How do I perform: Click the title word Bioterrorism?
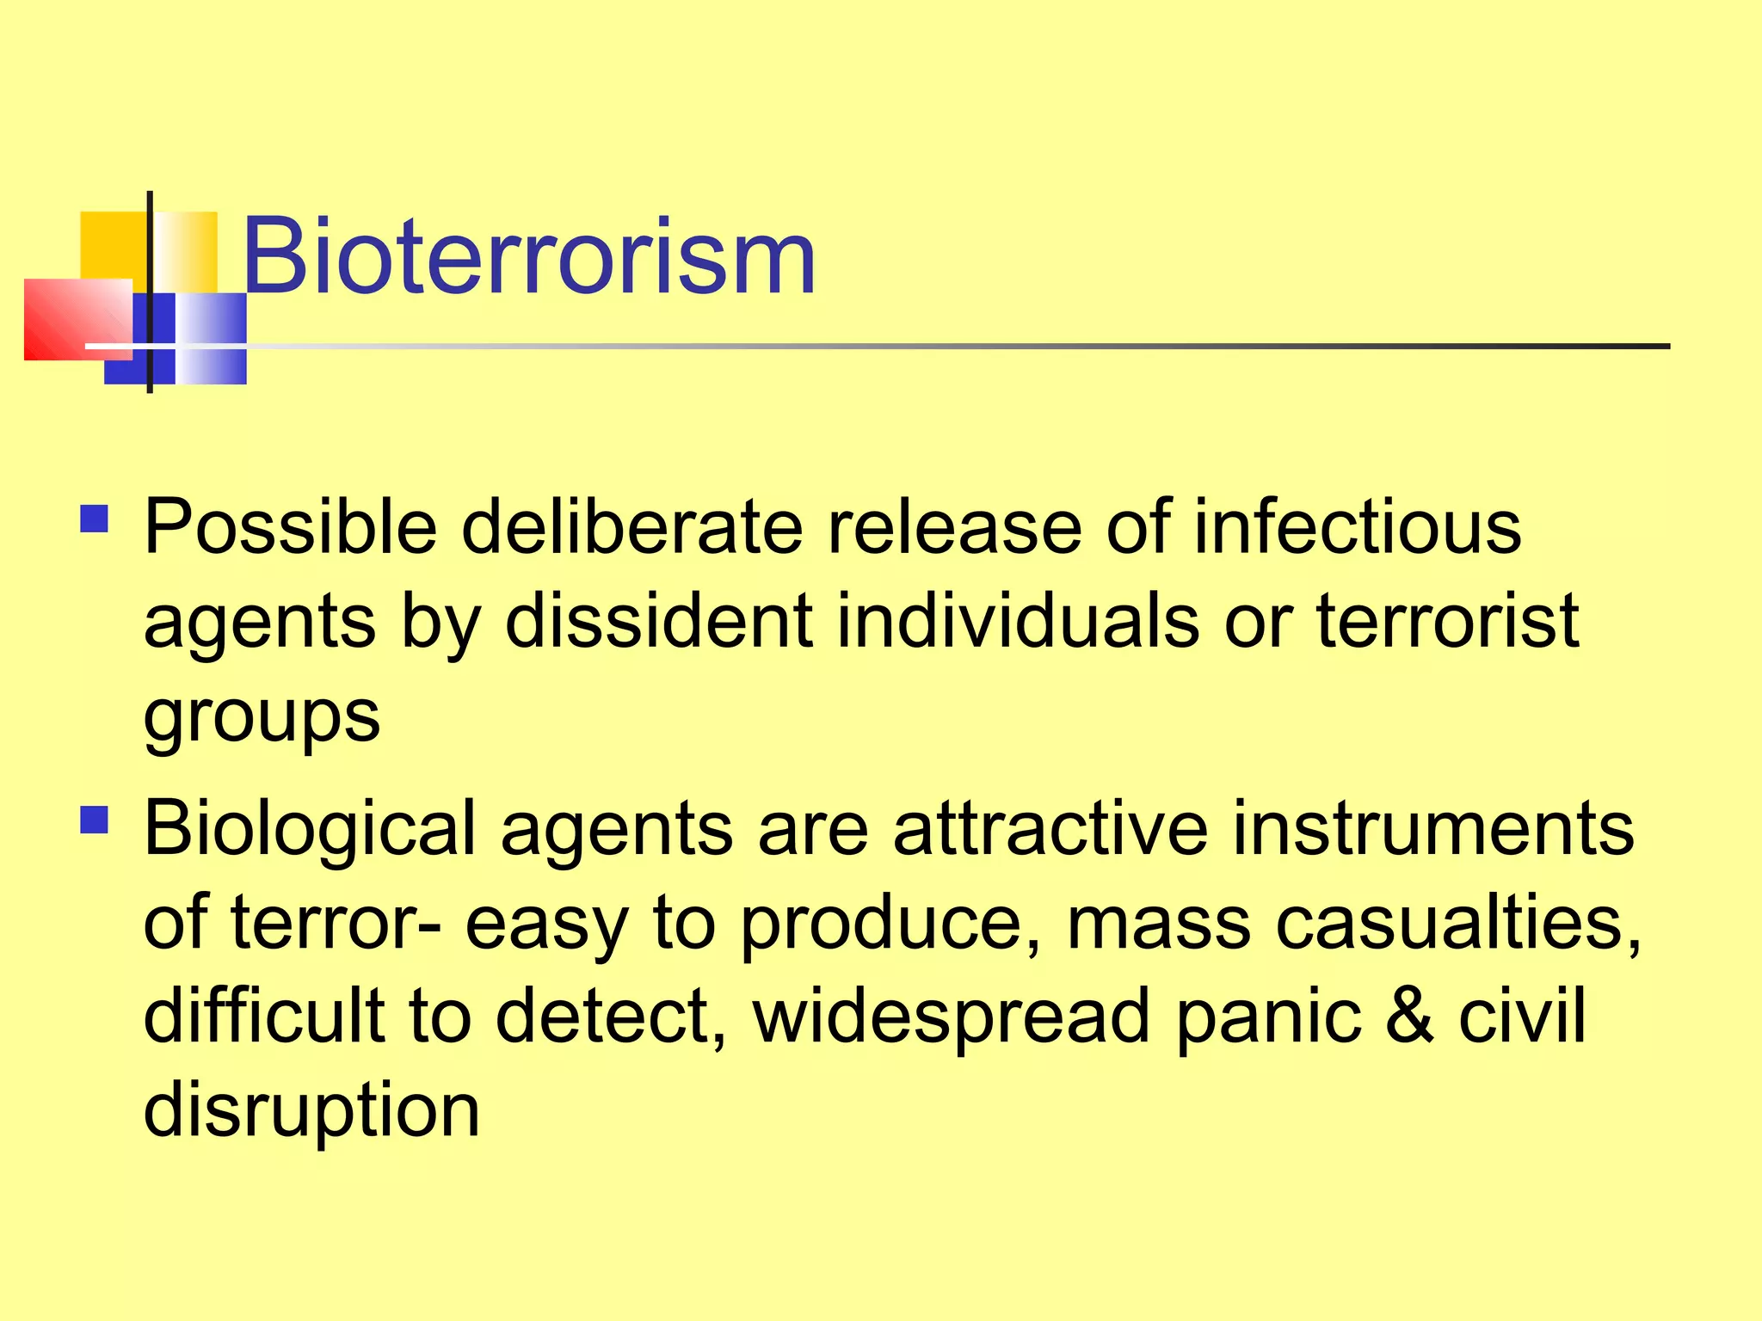coord(528,256)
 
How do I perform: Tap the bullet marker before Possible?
coord(94,519)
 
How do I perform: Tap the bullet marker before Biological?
coord(94,820)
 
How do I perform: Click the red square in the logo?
coord(76,318)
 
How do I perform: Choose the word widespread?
coord(951,1016)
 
